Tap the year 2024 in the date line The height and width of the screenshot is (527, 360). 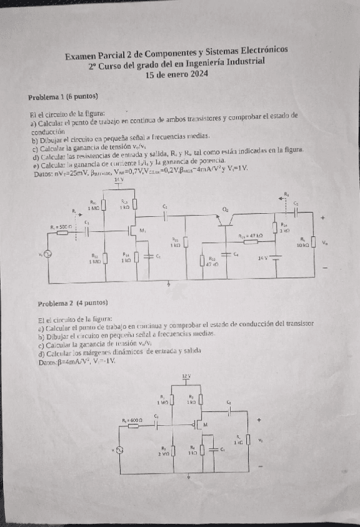(198, 75)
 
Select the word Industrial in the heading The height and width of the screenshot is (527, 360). (245, 62)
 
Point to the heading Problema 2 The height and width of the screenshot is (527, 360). (73, 303)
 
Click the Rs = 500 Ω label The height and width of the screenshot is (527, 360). (62, 228)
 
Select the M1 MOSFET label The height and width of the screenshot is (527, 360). (144, 230)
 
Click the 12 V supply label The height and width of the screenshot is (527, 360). (185, 377)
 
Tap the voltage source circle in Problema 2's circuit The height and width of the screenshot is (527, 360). (120, 449)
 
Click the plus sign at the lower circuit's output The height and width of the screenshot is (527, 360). (260, 419)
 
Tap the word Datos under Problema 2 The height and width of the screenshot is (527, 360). (47, 361)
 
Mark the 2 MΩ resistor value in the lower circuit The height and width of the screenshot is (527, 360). (164, 453)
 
